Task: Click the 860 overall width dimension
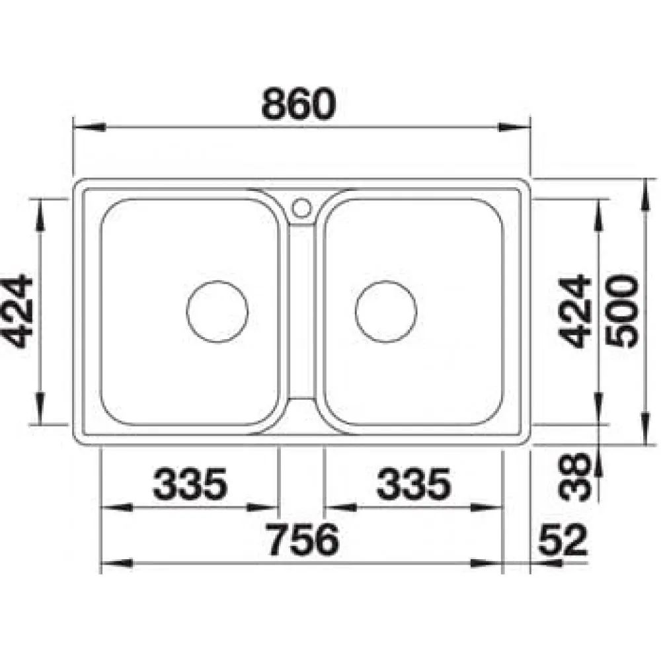(x=299, y=104)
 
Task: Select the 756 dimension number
(x=303, y=539)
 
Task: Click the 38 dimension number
(x=574, y=477)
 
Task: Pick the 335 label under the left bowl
(x=190, y=484)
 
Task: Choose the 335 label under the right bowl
(x=414, y=484)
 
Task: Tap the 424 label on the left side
(x=17, y=311)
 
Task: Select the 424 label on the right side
(x=574, y=311)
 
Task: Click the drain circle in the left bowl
(x=217, y=281)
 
